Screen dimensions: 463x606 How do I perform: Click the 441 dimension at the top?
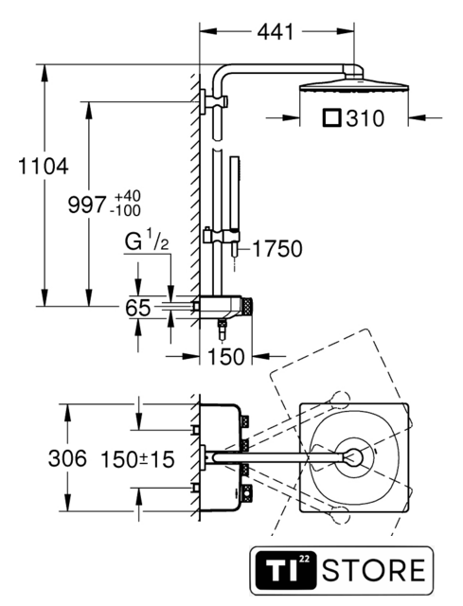tap(276, 31)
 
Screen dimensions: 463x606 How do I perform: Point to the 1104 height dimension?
tap(44, 167)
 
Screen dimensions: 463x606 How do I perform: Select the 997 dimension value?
tap(86, 205)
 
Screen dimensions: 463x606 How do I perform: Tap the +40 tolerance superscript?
tap(128, 196)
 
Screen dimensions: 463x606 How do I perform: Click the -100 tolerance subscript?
tap(125, 211)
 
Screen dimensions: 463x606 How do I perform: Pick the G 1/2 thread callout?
tap(147, 241)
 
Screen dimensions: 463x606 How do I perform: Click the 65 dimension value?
tap(137, 308)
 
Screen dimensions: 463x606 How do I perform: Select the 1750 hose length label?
tap(277, 248)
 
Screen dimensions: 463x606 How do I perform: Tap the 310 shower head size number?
tap(365, 118)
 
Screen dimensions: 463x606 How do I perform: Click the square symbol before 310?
tap(331, 118)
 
